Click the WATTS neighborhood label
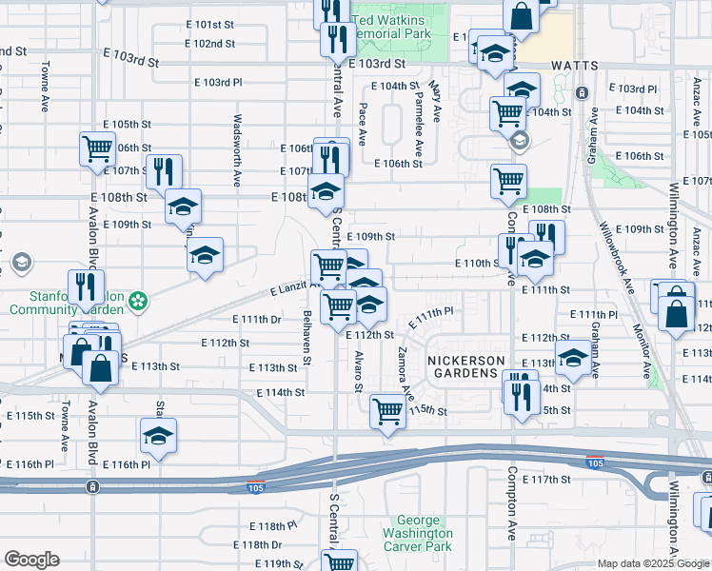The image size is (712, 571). [x=574, y=66]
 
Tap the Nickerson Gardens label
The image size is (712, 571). [x=464, y=366]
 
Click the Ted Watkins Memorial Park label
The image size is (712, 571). [x=391, y=26]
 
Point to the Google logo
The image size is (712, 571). [x=31, y=560]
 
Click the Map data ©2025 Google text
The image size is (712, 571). [x=654, y=563]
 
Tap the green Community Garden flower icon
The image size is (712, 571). [x=140, y=302]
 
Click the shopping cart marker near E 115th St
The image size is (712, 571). [x=387, y=410]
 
